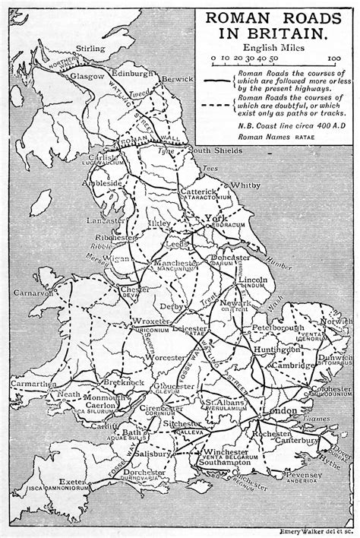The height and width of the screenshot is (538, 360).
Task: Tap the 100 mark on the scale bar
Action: (x=334, y=58)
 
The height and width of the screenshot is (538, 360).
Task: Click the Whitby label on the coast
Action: (x=245, y=185)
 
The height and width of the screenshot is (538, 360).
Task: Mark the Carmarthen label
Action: (x=29, y=385)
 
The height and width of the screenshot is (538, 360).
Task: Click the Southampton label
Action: (x=226, y=462)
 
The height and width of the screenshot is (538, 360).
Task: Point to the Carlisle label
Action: (x=108, y=158)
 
